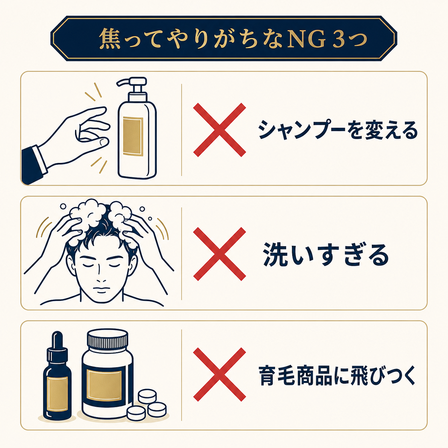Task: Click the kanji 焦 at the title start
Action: (110, 39)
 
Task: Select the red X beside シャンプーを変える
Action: (219, 130)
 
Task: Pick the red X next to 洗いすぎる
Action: (219, 254)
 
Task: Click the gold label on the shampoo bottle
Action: (133, 136)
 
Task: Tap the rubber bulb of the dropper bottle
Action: (57, 340)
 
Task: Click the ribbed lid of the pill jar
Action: (108, 339)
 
